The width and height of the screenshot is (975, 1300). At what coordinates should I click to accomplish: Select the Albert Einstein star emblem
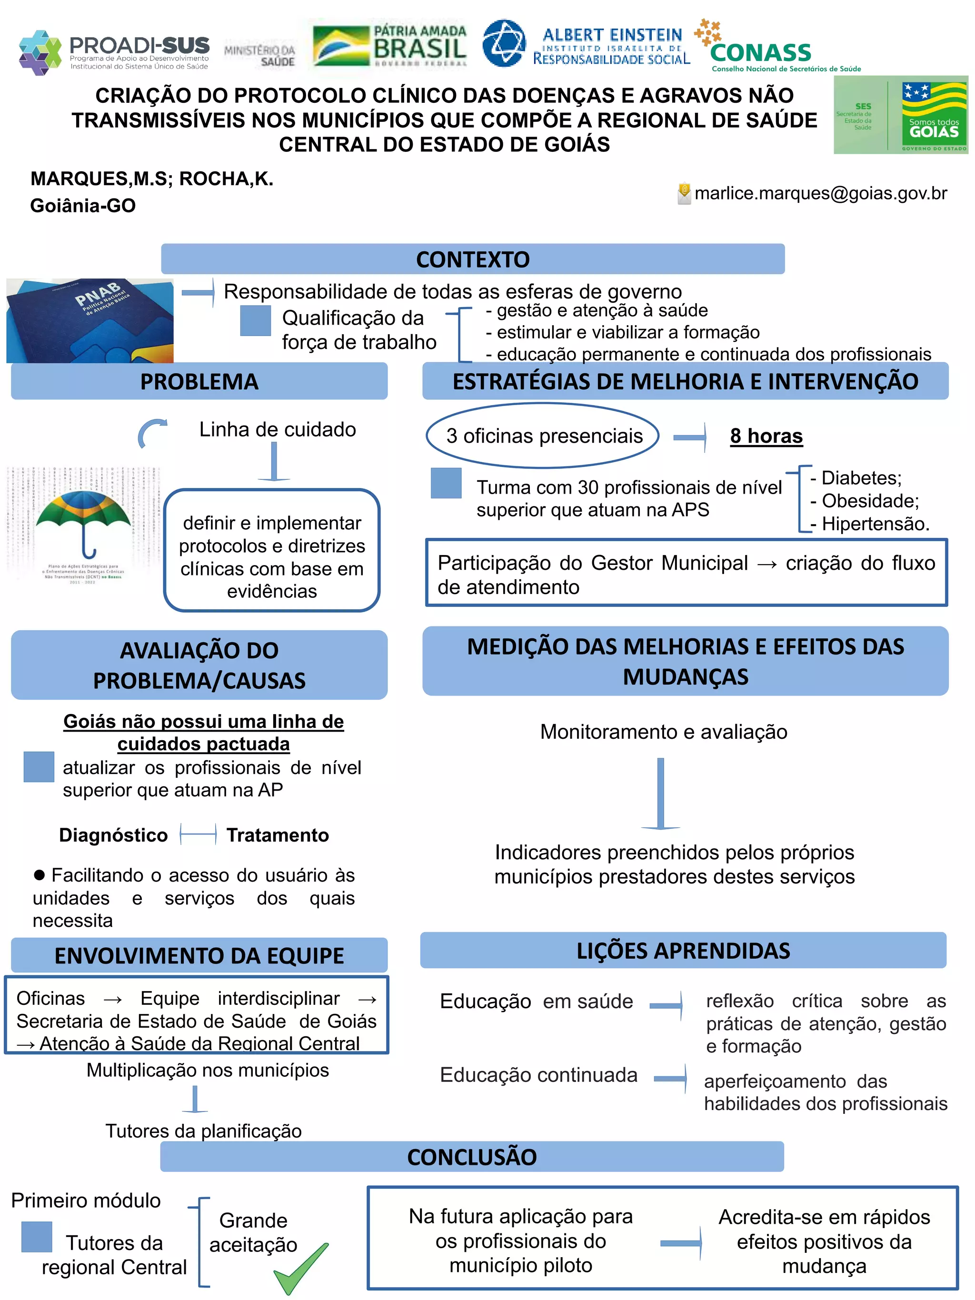504,42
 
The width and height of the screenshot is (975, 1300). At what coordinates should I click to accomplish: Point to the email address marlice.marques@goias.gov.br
820,193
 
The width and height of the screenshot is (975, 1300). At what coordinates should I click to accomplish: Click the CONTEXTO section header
473,259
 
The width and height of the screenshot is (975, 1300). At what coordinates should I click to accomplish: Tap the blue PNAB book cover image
90,320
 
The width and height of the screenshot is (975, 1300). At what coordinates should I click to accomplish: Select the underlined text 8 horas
766,436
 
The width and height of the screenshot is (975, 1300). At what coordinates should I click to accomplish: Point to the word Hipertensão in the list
875,524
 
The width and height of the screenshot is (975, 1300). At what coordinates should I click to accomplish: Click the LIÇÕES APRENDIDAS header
683,950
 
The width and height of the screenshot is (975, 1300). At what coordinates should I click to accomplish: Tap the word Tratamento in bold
278,835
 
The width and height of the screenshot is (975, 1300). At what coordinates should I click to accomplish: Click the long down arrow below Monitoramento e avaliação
661,793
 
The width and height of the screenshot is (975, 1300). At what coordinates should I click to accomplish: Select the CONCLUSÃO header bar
472,1157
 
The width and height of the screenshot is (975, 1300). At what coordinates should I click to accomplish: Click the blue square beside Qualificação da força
256,321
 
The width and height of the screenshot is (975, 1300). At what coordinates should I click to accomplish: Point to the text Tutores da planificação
203,1131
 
